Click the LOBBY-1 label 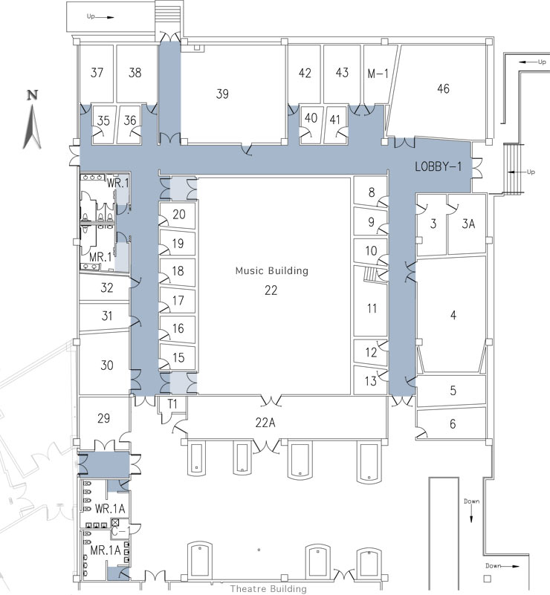click(439, 168)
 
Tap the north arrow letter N click(32, 94)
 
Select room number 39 click(222, 94)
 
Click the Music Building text click(271, 271)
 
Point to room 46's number click(443, 89)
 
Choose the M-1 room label click(378, 73)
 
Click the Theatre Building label click(268, 589)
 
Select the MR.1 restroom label click(100, 256)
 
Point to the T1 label click(172, 403)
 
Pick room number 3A click(468, 223)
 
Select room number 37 click(97, 73)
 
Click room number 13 click(371, 382)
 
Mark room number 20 click(178, 215)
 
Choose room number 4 click(453, 315)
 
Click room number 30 click(107, 365)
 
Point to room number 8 click(372, 192)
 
